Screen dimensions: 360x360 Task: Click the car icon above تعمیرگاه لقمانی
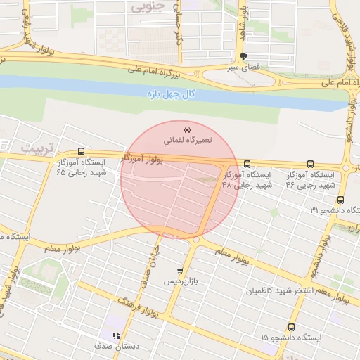(x=187, y=129)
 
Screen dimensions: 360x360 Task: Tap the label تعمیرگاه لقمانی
(x=187, y=141)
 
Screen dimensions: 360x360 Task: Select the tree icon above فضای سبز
(x=243, y=56)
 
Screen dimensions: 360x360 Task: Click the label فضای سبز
(x=243, y=67)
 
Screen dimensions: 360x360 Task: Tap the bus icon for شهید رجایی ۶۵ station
(x=81, y=151)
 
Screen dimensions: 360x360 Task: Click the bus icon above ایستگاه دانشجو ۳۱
(x=340, y=200)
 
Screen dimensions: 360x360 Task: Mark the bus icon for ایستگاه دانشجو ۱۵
(x=292, y=328)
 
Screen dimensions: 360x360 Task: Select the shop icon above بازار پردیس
(x=180, y=271)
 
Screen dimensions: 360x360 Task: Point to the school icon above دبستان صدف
(x=116, y=335)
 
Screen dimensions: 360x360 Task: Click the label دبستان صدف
(x=115, y=347)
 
